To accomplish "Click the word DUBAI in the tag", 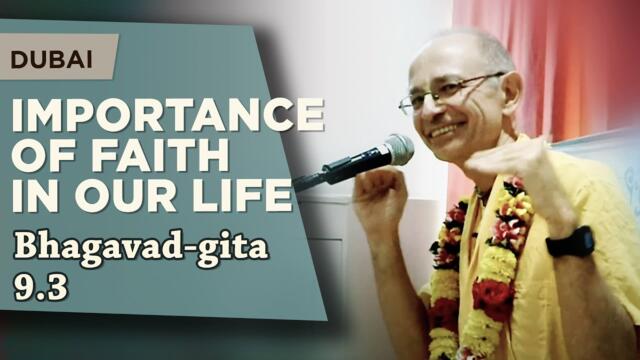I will coord(52,59).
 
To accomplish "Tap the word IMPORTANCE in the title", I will coord(167,117).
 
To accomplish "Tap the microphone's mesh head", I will coord(397,150).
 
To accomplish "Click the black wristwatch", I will coord(570,241).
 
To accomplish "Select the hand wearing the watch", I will coord(525,165).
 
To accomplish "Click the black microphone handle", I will coord(335,173).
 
